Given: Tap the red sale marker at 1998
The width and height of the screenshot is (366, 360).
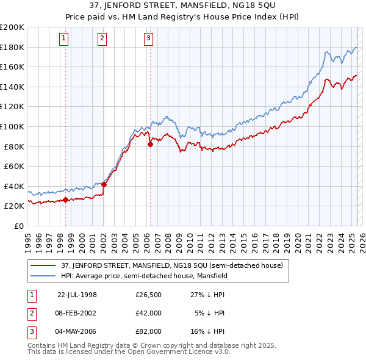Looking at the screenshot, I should [x=65, y=200].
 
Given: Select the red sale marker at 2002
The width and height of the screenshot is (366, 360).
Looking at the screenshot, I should [x=104, y=184].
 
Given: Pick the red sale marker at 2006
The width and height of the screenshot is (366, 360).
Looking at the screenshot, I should [x=150, y=144].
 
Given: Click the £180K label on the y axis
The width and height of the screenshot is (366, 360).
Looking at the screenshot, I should [x=12, y=47].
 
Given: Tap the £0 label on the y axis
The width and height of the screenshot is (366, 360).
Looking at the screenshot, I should [x=18, y=226].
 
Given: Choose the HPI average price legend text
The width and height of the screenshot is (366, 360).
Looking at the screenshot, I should [x=144, y=276].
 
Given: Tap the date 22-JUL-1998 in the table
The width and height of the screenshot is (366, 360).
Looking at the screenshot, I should [x=77, y=295].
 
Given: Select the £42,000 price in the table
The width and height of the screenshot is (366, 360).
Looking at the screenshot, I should [x=148, y=313].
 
